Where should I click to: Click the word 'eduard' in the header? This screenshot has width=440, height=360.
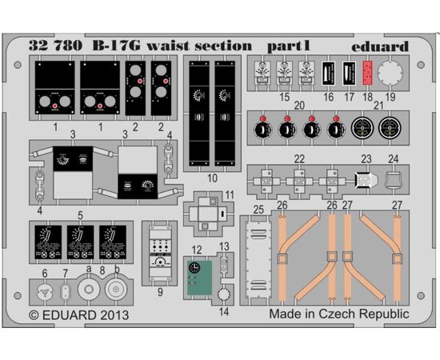click(x=380, y=46)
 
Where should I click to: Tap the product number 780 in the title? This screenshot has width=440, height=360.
click(x=67, y=46)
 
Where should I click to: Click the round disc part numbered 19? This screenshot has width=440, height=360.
click(x=390, y=72)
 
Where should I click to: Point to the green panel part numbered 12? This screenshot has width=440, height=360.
click(x=199, y=278)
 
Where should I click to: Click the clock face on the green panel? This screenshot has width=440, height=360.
click(x=194, y=267)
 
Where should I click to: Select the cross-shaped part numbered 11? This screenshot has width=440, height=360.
click(x=208, y=214)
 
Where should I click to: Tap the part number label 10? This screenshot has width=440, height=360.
click(x=213, y=178)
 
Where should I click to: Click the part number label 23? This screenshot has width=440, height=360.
click(x=366, y=159)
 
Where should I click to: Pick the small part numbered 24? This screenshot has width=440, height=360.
click(x=394, y=180)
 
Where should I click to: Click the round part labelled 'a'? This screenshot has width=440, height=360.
click(x=89, y=289)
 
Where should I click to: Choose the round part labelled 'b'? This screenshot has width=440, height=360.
click(x=116, y=289)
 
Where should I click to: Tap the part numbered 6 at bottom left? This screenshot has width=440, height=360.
click(x=45, y=291)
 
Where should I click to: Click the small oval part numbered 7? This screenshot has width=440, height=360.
click(x=66, y=292)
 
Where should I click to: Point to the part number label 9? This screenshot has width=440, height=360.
click(x=160, y=292)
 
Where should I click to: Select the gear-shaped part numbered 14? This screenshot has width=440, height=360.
click(x=224, y=294)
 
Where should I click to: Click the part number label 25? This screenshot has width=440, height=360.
click(x=258, y=210)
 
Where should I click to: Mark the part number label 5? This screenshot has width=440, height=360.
click(x=80, y=216)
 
